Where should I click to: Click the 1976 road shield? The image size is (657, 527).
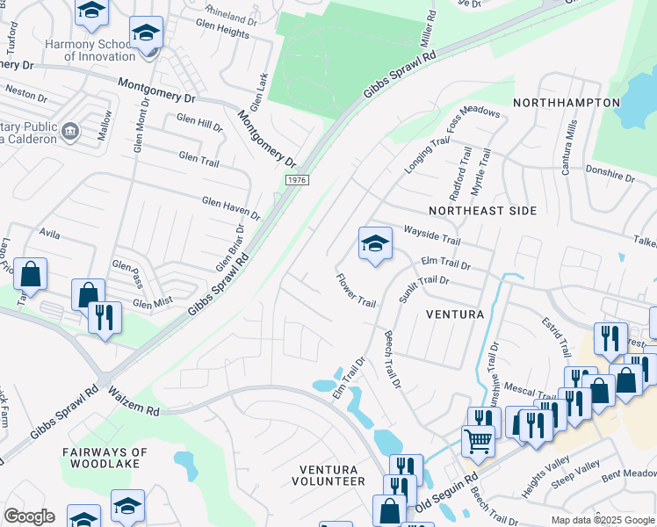[296, 180]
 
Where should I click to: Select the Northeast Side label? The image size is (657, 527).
[482, 211]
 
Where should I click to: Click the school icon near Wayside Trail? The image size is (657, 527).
[375, 244]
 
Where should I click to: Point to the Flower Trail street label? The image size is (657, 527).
[356, 290]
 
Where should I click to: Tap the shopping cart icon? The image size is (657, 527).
[478, 440]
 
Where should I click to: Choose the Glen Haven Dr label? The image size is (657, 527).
[231, 207]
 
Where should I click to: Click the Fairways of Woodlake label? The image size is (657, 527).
[105, 458]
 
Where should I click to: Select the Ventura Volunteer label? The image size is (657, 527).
[332, 475]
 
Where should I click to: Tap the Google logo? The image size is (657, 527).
[28, 516]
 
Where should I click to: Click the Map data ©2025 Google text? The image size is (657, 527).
[602, 520]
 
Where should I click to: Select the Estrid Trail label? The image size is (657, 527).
[555, 338]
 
